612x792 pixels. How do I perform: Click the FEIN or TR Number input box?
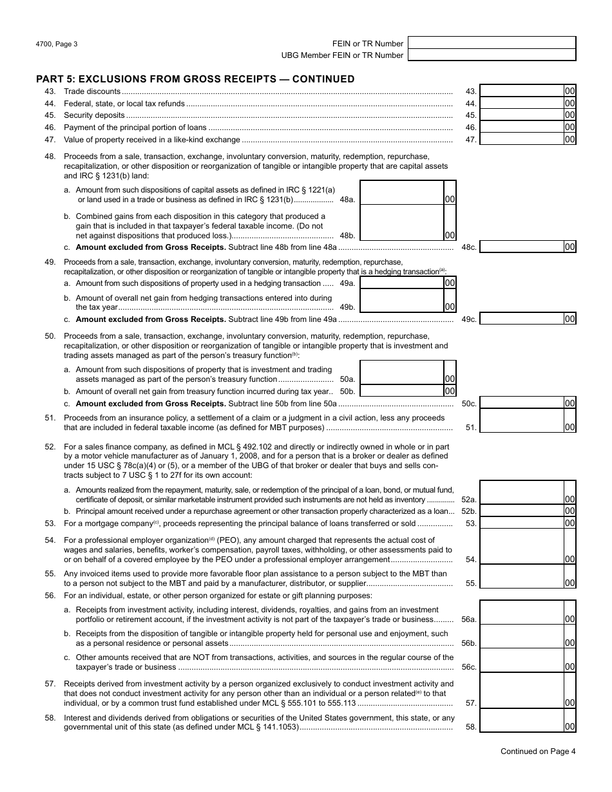[x=492, y=43]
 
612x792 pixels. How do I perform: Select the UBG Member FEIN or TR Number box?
[x=492, y=55]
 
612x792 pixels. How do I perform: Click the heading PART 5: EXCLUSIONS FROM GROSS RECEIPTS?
[x=195, y=79]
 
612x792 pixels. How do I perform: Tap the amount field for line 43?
[x=522, y=91]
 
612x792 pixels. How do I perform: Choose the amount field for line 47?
[x=522, y=139]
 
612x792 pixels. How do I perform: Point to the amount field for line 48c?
[x=522, y=247]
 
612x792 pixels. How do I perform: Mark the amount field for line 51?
[x=522, y=421]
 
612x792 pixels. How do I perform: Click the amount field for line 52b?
[x=522, y=511]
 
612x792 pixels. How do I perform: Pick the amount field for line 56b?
[x=522, y=637]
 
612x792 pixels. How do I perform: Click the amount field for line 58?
[x=522, y=721]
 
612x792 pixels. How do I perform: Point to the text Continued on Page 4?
[x=538, y=751]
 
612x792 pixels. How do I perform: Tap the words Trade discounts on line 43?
[x=92, y=91]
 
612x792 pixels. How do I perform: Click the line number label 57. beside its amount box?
[x=471, y=703]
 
